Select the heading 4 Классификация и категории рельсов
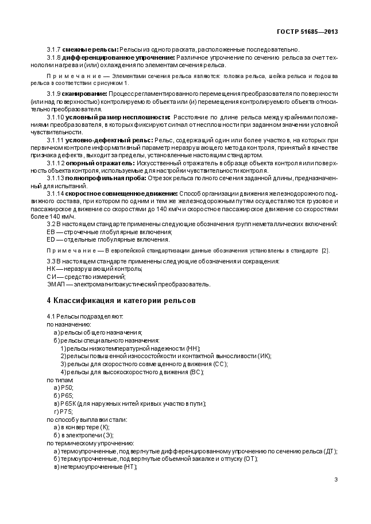coord(121,300)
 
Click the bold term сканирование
coord(84,93)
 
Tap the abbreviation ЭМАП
coord(55,284)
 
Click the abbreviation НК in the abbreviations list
coord(51,269)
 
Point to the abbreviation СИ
coord(51,276)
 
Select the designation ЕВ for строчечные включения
coord(51,231)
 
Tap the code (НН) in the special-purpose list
coord(193,348)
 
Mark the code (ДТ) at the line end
coord(330,451)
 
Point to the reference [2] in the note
coord(325,251)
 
